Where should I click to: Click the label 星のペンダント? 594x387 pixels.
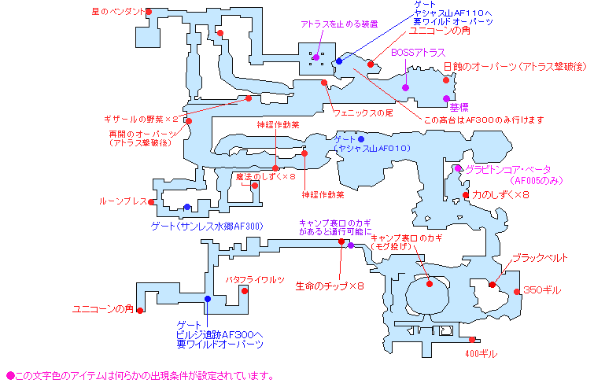click(x=119, y=12)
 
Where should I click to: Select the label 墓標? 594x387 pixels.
click(x=459, y=107)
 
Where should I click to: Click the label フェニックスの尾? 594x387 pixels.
click(x=363, y=113)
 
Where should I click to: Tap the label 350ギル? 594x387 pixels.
click(x=542, y=290)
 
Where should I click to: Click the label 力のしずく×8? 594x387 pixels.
click(x=500, y=194)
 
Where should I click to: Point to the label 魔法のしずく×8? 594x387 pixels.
click(x=264, y=177)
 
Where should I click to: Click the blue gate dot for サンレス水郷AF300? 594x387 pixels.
click(x=186, y=208)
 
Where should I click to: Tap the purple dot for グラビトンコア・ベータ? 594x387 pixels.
click(x=457, y=168)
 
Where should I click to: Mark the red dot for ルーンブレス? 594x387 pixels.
click(x=153, y=201)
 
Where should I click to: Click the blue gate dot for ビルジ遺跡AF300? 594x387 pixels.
click(x=207, y=299)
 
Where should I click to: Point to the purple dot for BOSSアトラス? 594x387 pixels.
click(x=406, y=87)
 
